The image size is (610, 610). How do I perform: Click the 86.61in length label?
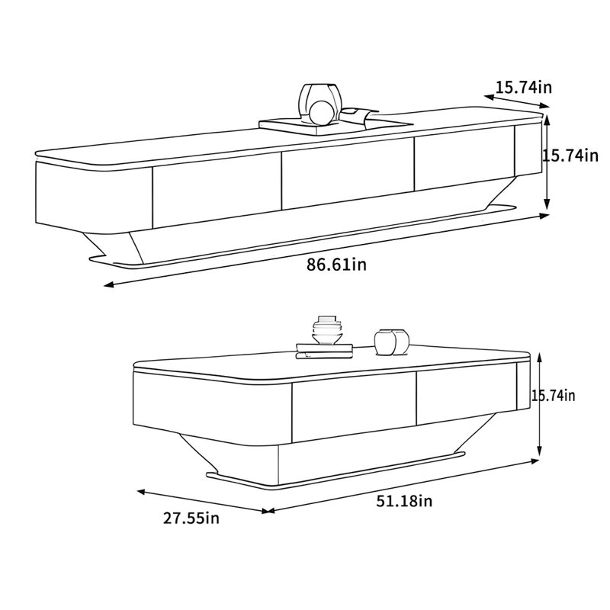[336, 265]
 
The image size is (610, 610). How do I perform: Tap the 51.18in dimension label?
[404, 501]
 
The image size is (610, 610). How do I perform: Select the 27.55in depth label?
[191, 518]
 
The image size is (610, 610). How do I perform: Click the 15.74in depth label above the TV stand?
[523, 88]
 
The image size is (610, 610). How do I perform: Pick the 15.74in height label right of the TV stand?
[570, 156]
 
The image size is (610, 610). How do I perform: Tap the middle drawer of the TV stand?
[348, 174]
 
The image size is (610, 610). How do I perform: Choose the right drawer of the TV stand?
[464, 158]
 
